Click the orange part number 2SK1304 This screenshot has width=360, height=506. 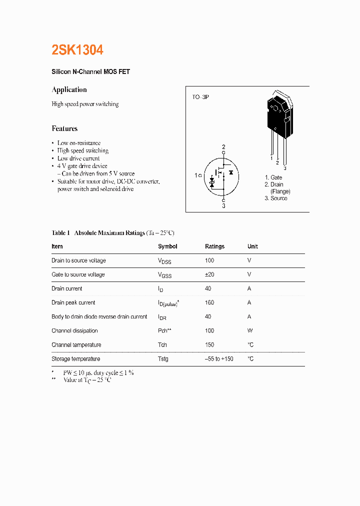pos(77,50)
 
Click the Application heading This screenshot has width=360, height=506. pos(69,90)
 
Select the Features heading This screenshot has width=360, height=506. pos(64,128)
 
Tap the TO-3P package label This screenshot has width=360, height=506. pos(200,97)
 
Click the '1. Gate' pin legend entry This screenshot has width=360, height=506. pos(273,177)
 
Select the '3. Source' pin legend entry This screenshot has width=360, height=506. pos(276,198)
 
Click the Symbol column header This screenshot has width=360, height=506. pos(167,246)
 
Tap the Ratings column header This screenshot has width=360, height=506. pos(214,246)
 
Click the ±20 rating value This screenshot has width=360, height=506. pos(210,274)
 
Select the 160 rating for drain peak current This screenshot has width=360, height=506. pos(209,302)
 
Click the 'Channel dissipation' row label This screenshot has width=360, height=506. pos(74,330)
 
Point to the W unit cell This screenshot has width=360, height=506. pos(249,330)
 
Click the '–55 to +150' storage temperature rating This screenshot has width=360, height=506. pos(219,359)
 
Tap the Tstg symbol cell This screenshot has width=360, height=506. pos(163,359)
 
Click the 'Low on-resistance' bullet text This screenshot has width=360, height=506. pos(79,143)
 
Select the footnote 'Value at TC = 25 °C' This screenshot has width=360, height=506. pos(87,380)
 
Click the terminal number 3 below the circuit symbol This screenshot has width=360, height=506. pos(223,206)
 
